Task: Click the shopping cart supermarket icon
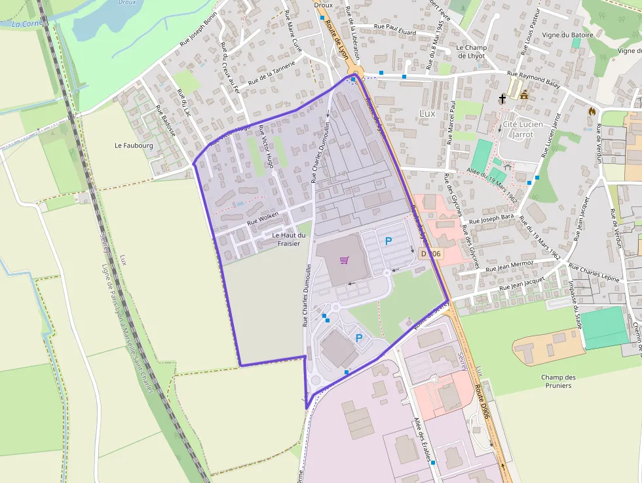[x=344, y=260]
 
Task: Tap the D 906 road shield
[x=432, y=253]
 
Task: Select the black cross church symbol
[x=502, y=99]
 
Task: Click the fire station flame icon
[x=592, y=111]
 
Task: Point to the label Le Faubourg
[x=133, y=145]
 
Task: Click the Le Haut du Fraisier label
[x=288, y=239]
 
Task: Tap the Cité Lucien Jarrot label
[x=518, y=129]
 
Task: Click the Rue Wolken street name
[x=263, y=219]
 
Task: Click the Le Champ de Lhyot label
[x=471, y=52]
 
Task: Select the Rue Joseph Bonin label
[x=198, y=32]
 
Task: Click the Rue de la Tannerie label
[x=272, y=73]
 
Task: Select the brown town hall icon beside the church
[x=524, y=95]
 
